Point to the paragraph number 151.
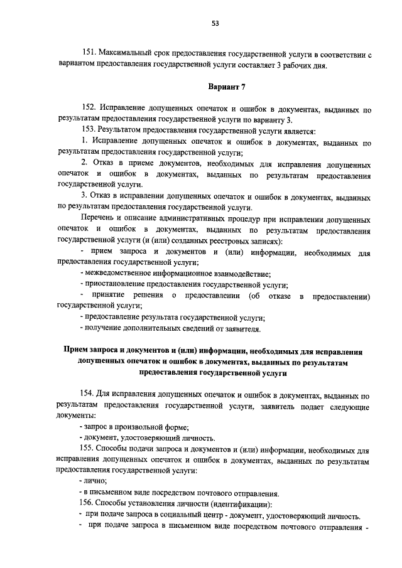point(90,55)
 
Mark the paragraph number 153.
point(90,131)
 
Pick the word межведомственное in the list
point(121,274)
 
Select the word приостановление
point(117,284)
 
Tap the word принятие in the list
point(109,295)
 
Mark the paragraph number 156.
point(90,503)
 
